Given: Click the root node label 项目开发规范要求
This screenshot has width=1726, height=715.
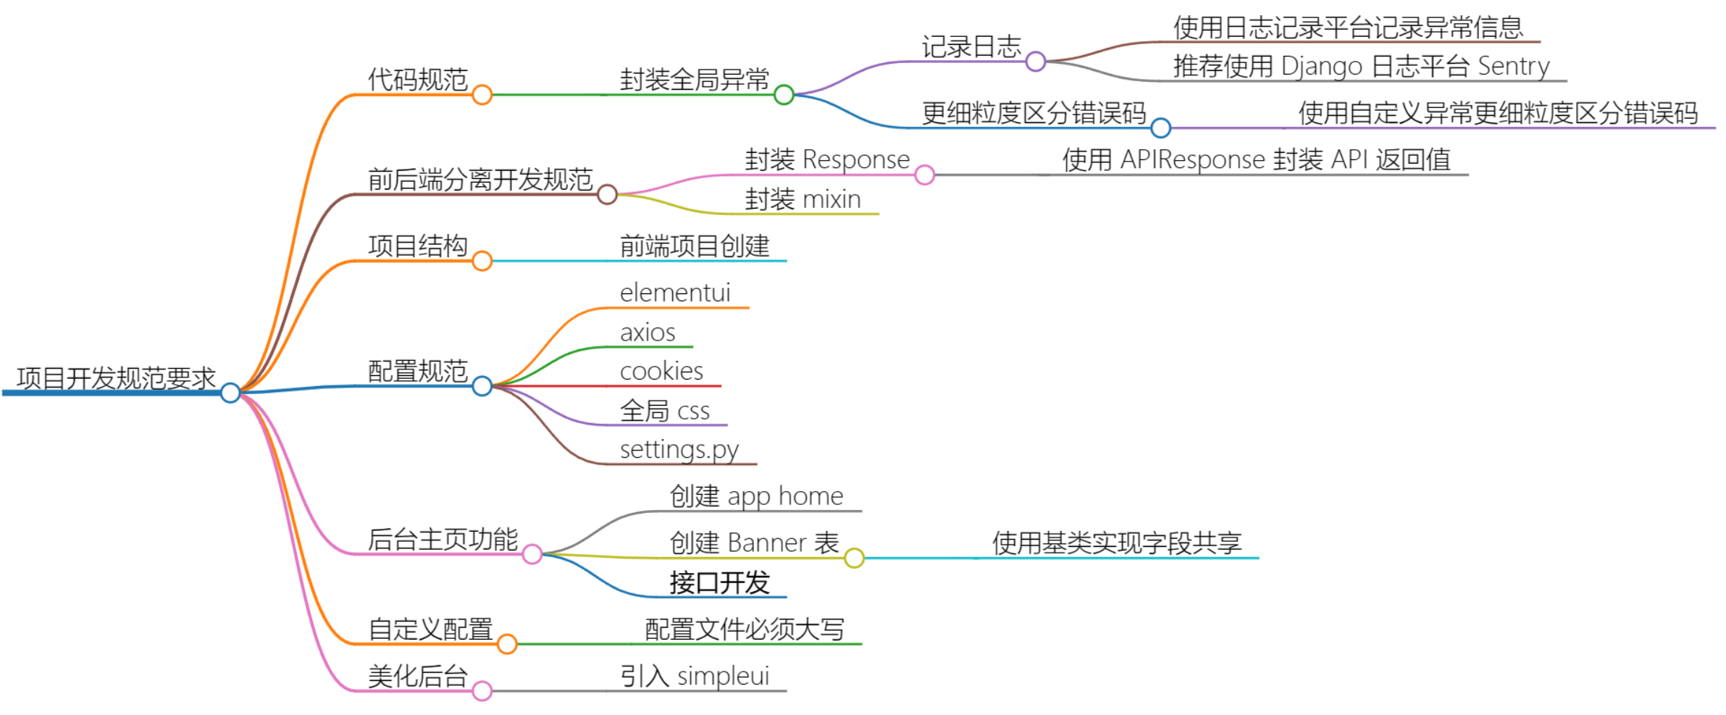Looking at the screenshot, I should tap(116, 378).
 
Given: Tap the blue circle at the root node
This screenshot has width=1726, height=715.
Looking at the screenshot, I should tap(230, 393).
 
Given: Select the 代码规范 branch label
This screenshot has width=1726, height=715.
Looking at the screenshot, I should tap(418, 80).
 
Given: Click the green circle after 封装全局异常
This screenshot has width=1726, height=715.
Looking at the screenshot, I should tap(784, 95).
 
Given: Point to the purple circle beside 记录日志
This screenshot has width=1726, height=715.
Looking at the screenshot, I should tap(1036, 62).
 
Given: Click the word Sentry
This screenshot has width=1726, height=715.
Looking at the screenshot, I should tap(1513, 66).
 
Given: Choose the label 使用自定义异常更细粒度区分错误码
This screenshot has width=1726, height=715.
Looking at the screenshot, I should tap(1498, 113).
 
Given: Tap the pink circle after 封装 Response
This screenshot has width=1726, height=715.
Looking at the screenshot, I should tap(924, 175).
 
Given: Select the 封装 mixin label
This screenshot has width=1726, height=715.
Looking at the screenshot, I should tap(803, 199).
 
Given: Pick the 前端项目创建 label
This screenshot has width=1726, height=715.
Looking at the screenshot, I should tap(695, 246).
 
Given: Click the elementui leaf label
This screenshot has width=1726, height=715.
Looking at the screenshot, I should tap(675, 293).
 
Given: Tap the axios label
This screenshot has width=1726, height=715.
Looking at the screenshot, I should tap(648, 333).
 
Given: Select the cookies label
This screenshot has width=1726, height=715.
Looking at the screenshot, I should tap(661, 371).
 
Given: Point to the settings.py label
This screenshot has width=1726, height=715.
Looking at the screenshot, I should tap(679, 450).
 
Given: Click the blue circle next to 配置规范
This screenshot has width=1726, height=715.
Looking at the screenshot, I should tap(482, 386).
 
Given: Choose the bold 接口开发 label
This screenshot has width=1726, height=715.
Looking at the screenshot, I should tap(719, 582).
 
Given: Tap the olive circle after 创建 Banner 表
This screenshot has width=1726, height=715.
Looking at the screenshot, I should tap(854, 558).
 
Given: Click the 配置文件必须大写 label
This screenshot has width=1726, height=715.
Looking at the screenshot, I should tap(745, 629).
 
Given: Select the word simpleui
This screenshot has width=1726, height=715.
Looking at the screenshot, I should tap(723, 676).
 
